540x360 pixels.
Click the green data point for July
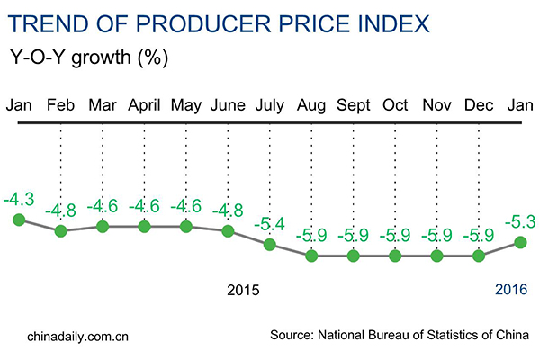[x=269, y=244]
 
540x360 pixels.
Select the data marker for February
[x=60, y=231]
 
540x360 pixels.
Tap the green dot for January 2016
[x=519, y=240]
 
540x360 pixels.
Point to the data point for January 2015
[x=19, y=220]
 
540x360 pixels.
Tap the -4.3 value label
[x=20, y=197]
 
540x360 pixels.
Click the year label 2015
[x=243, y=291]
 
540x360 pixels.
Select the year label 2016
[x=510, y=291]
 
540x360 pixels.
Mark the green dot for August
[x=311, y=256]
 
